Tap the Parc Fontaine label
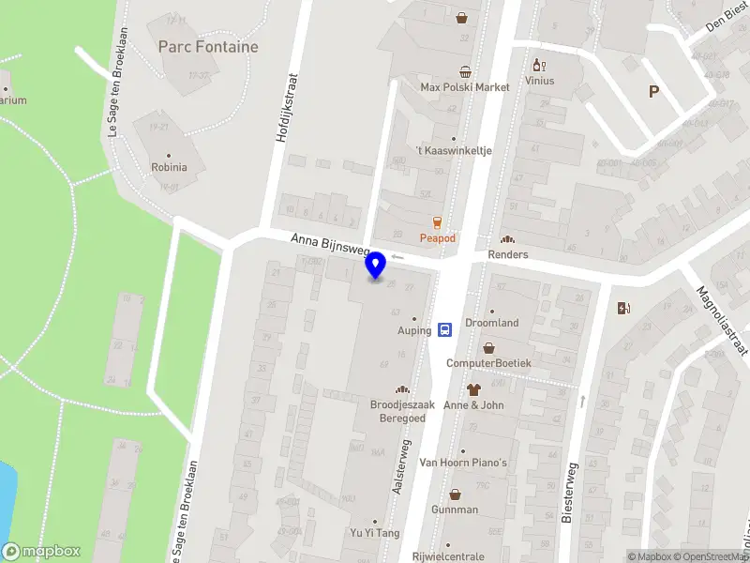click(208, 46)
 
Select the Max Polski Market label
click(465, 87)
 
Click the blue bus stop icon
click(446, 329)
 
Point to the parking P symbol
click(653, 91)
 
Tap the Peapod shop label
click(437, 238)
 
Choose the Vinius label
click(540, 81)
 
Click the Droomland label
click(491, 323)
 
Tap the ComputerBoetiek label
click(488, 363)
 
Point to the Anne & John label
click(473, 405)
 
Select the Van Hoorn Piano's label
click(462, 463)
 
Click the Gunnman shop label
click(455, 510)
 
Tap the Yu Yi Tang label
click(375, 534)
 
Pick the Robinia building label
click(170, 168)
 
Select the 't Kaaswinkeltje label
click(454, 150)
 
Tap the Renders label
click(508, 254)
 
